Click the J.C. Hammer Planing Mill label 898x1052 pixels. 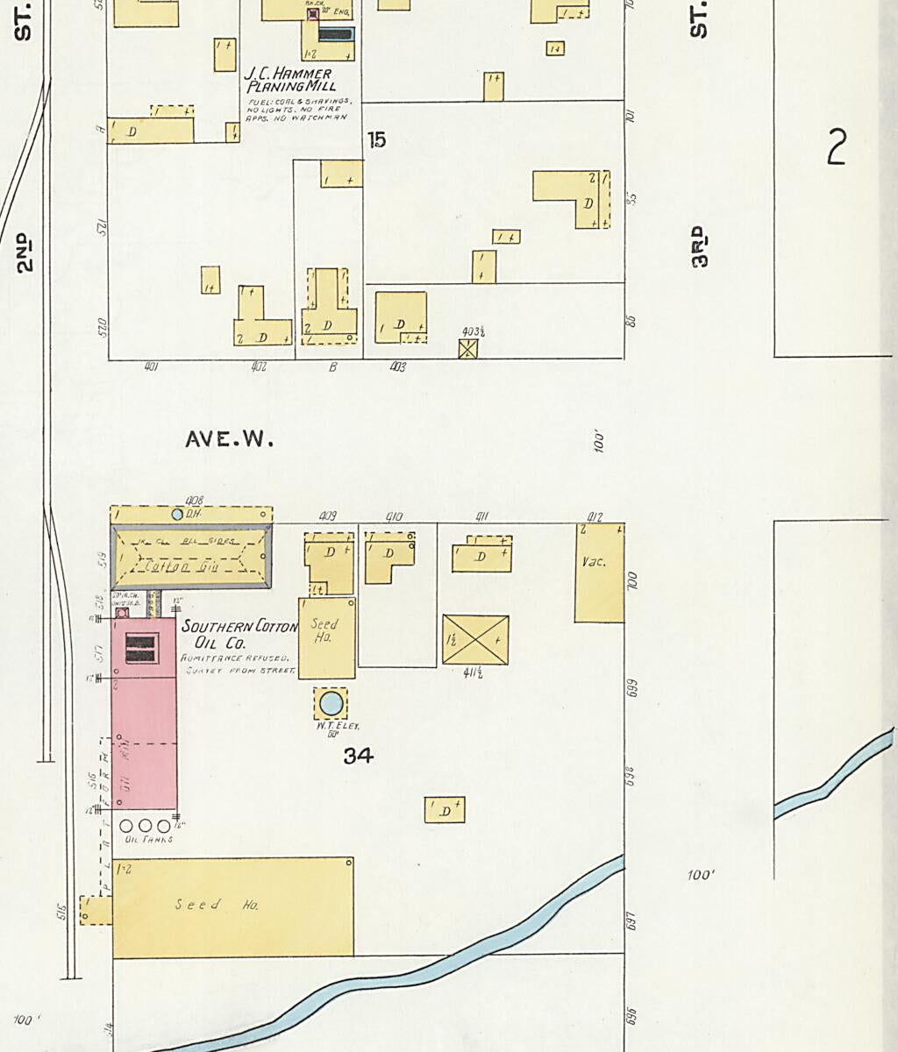(x=289, y=81)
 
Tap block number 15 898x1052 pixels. (x=377, y=139)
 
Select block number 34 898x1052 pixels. (x=358, y=755)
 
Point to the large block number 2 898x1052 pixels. (x=837, y=147)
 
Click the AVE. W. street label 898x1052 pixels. (x=229, y=439)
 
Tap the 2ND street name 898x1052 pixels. (x=24, y=252)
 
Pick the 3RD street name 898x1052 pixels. (x=699, y=246)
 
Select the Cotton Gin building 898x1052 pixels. (x=190, y=558)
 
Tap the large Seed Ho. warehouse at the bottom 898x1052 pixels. (x=232, y=906)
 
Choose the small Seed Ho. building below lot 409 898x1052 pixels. (x=326, y=637)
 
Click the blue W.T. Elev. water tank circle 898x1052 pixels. (x=331, y=702)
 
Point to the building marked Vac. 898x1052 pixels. (x=599, y=572)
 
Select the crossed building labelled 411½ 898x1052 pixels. (x=475, y=639)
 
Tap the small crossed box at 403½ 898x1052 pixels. (x=468, y=349)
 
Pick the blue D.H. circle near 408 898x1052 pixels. (x=178, y=514)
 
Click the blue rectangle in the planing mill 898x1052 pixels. (x=336, y=35)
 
